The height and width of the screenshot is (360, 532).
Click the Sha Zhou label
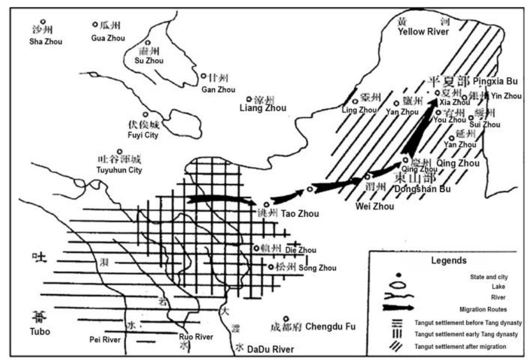point(45,42)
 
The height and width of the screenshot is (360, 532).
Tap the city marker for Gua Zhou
point(95,24)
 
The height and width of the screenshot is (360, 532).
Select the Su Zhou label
point(149,61)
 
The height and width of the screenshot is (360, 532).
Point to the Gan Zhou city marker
point(203,76)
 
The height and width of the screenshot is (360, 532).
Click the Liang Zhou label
point(263,108)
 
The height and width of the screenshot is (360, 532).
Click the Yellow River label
point(423,32)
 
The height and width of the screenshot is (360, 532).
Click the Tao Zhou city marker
point(266,204)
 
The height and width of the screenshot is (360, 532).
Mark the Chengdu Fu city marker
point(286,319)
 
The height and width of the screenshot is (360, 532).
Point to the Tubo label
point(40,332)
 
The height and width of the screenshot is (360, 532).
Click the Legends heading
point(449,260)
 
